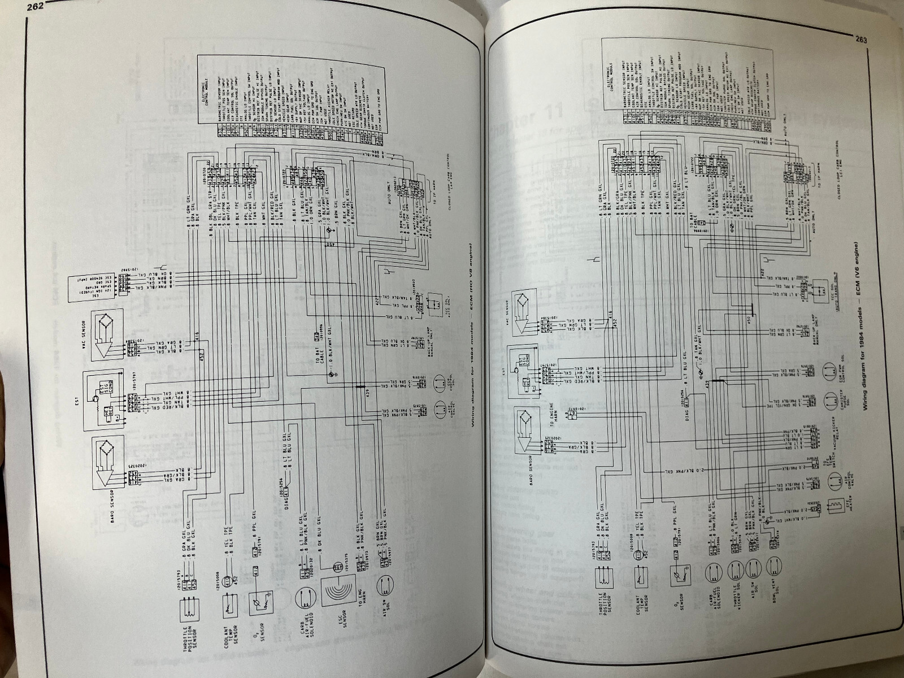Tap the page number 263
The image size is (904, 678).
tap(861, 40)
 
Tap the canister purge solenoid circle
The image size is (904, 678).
tap(831, 403)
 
